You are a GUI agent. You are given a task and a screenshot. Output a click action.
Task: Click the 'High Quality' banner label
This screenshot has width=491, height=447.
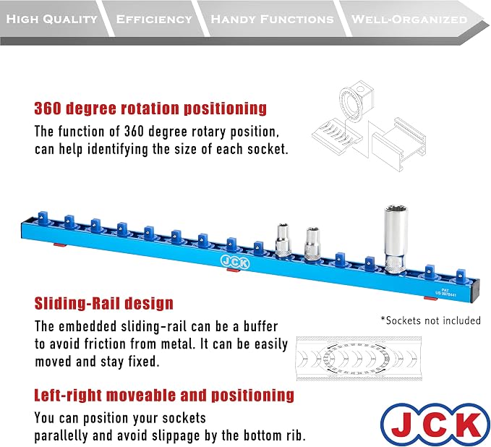pos(52,19)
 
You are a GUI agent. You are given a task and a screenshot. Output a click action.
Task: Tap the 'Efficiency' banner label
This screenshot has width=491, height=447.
pos(154,19)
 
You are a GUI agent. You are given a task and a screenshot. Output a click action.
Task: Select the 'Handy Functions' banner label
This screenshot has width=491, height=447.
pos(272,19)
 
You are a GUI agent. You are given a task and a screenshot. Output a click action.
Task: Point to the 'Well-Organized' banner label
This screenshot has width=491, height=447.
pos(409,19)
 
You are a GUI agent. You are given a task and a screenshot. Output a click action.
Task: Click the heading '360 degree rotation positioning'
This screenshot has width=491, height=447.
pos(150,108)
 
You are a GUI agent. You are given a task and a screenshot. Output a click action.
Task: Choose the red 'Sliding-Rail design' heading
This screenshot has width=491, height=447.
pos(103,303)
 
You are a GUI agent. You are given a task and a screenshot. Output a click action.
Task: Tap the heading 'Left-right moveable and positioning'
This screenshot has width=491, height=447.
pos(164,395)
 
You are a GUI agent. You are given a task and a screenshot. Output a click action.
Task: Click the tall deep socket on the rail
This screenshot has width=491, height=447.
pos(396,239)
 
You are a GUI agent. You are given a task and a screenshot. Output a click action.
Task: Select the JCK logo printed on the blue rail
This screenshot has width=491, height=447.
pos(235,261)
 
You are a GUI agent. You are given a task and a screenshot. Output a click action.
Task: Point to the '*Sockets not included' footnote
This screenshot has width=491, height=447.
pos(430,320)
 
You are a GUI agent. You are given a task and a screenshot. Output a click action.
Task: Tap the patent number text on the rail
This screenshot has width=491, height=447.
pos(445,292)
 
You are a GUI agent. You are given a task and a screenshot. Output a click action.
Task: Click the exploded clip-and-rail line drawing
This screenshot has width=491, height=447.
pos(369,126)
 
